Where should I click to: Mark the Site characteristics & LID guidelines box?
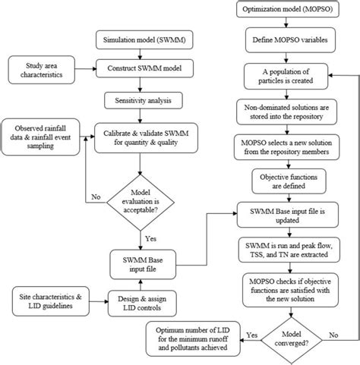tap(48, 297)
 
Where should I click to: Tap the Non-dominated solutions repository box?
tap(285, 112)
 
